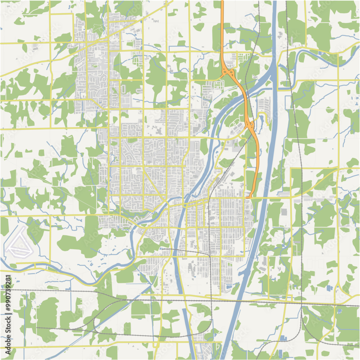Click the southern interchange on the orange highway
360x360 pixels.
point(250,125)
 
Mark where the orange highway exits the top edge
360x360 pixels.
point(222,1)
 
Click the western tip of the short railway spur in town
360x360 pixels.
point(161,248)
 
